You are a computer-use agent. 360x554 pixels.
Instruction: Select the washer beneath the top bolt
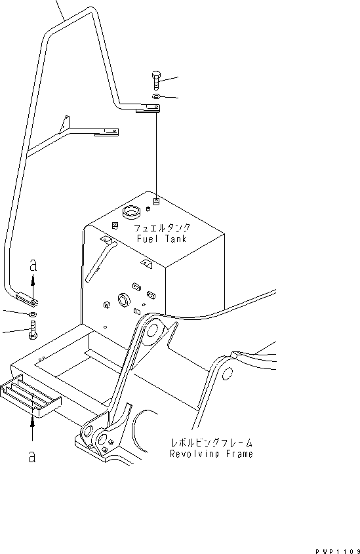(x=154, y=97)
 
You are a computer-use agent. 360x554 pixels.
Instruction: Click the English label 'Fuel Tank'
(x=161, y=239)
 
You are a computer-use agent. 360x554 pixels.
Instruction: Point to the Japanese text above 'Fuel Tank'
(x=162, y=228)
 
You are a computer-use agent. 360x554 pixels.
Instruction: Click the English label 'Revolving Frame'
(x=210, y=454)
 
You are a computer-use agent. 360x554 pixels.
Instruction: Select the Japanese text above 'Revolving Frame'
(x=210, y=443)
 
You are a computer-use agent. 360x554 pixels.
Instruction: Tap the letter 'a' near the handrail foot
(x=33, y=266)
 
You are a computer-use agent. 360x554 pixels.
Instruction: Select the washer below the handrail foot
(x=33, y=315)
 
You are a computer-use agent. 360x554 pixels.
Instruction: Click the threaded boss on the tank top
(x=156, y=201)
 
